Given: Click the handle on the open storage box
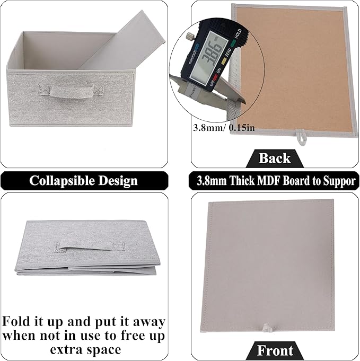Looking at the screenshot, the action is point(71,91).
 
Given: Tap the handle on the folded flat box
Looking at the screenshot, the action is point(90,248).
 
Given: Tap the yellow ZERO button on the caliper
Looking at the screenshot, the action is point(224,60).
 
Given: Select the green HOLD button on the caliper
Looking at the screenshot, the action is point(233,43).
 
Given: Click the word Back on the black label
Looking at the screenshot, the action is point(274,158).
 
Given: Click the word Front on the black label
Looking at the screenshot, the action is point(275,350).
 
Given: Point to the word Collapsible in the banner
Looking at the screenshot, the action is point(62,181).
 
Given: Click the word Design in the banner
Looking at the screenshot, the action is point(118,181).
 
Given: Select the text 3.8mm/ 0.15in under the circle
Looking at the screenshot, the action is point(224,127).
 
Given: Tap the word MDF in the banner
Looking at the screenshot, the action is point(269,181).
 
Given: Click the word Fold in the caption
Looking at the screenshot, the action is point(17,321).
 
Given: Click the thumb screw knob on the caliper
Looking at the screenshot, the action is point(190,36).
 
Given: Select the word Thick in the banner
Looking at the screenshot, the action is point(242,181).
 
